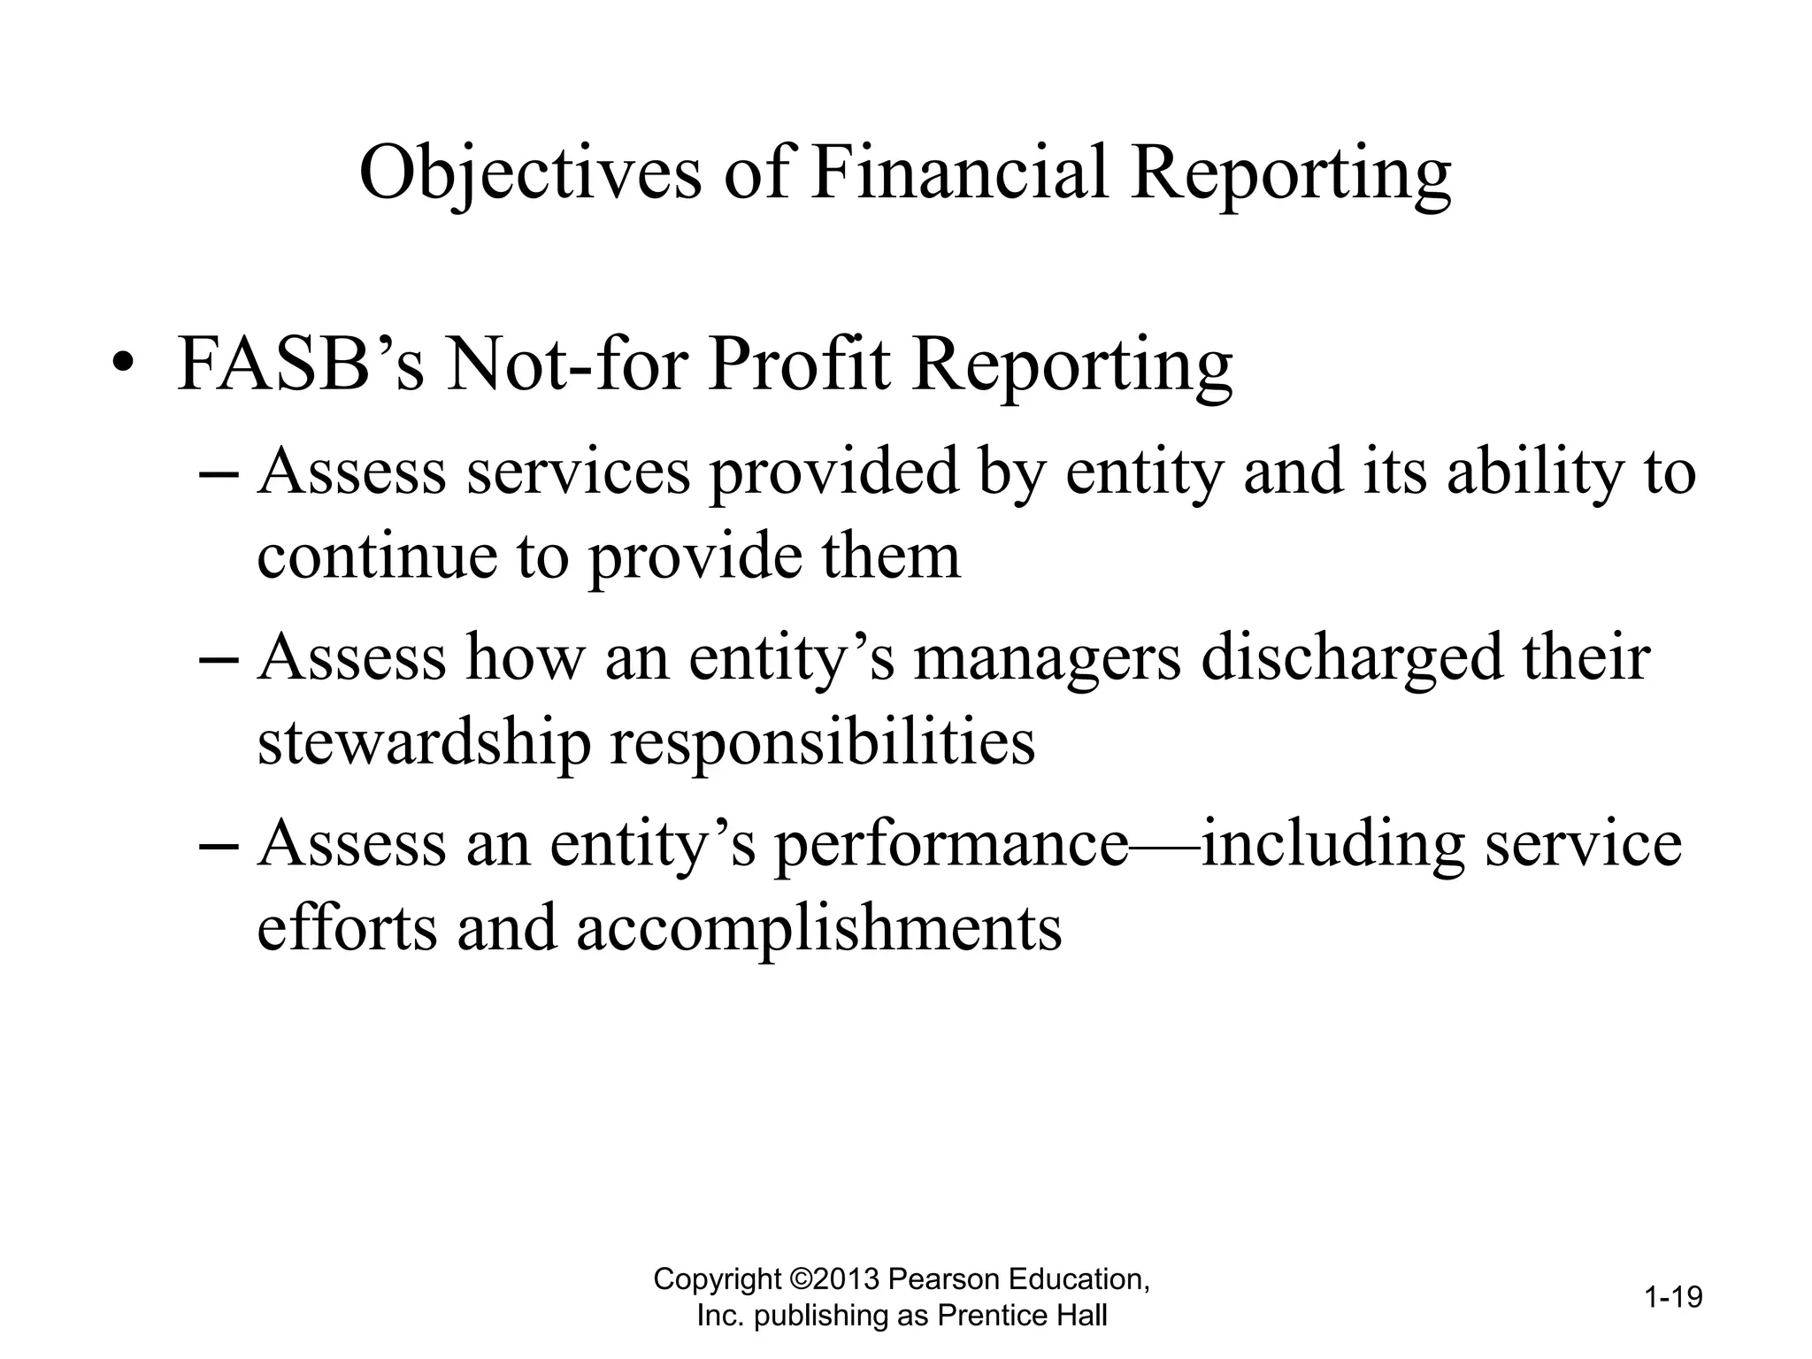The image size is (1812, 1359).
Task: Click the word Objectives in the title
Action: pyautogui.click(x=529, y=173)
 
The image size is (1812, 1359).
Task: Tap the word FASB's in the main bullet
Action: pyautogui.click(x=301, y=365)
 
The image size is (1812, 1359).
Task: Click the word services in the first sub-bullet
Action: pyautogui.click(x=578, y=472)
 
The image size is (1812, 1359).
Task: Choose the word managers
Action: pyautogui.click(x=1047, y=658)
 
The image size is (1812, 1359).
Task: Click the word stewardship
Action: pyautogui.click(x=424, y=742)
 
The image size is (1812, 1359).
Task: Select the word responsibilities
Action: pyautogui.click(x=823, y=742)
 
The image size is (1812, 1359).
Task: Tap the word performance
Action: pyautogui.click(x=951, y=844)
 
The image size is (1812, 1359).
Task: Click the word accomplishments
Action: pyautogui.click(x=819, y=928)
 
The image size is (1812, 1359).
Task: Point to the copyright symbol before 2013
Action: pyautogui.click(x=800, y=1279)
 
